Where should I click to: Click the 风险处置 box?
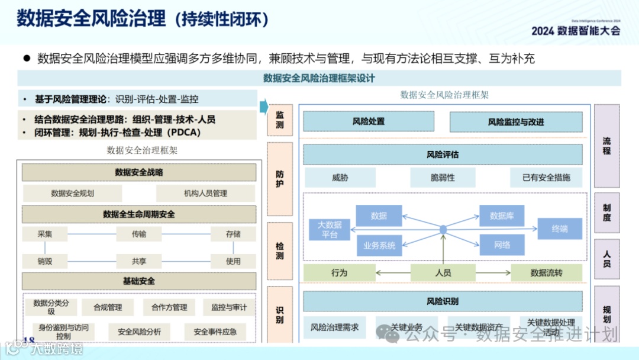[369, 121]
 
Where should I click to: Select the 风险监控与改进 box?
[515, 122]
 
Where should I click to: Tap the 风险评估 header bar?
[443, 155]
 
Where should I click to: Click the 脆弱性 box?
[443, 177]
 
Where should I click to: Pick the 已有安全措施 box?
[546, 177]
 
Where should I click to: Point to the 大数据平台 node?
[330, 229]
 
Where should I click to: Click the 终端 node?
[559, 229]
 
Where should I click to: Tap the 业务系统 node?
[379, 245]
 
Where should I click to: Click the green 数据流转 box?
[546, 273]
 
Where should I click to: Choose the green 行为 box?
[340, 273]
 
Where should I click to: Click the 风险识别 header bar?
[443, 301]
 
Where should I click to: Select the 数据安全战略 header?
[139, 172]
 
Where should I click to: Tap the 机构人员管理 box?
[205, 193]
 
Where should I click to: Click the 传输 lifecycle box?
[139, 234]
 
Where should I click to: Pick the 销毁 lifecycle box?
[44, 261]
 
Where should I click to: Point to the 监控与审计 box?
[229, 307]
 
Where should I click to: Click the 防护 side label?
[280, 179]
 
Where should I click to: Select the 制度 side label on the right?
[606, 213]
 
